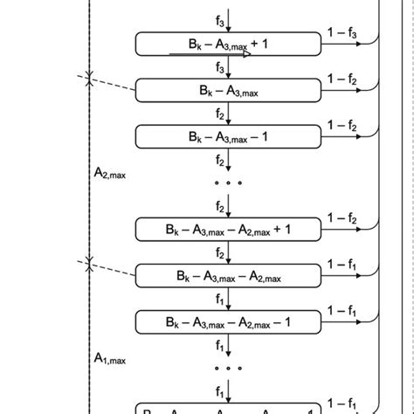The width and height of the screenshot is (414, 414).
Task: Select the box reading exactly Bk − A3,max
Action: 229,90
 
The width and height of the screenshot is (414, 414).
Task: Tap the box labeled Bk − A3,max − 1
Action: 229,137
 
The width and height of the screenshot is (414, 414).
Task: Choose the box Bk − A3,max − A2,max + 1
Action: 229,230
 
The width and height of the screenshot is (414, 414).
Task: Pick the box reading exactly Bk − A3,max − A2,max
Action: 229,277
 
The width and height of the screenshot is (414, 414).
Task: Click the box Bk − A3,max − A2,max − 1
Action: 229,323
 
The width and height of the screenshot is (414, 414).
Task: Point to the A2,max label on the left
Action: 110,174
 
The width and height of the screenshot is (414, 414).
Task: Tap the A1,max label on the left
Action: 110,359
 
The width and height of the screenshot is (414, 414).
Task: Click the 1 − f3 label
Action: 342,33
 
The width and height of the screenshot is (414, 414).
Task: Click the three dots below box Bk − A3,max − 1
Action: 229,183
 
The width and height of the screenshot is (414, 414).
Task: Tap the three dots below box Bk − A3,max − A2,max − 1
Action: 229,369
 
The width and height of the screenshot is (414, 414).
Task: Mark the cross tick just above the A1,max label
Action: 89,263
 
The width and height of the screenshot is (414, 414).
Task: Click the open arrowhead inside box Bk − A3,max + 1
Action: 246,53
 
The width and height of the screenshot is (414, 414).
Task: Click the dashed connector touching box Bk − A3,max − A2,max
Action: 114,269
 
